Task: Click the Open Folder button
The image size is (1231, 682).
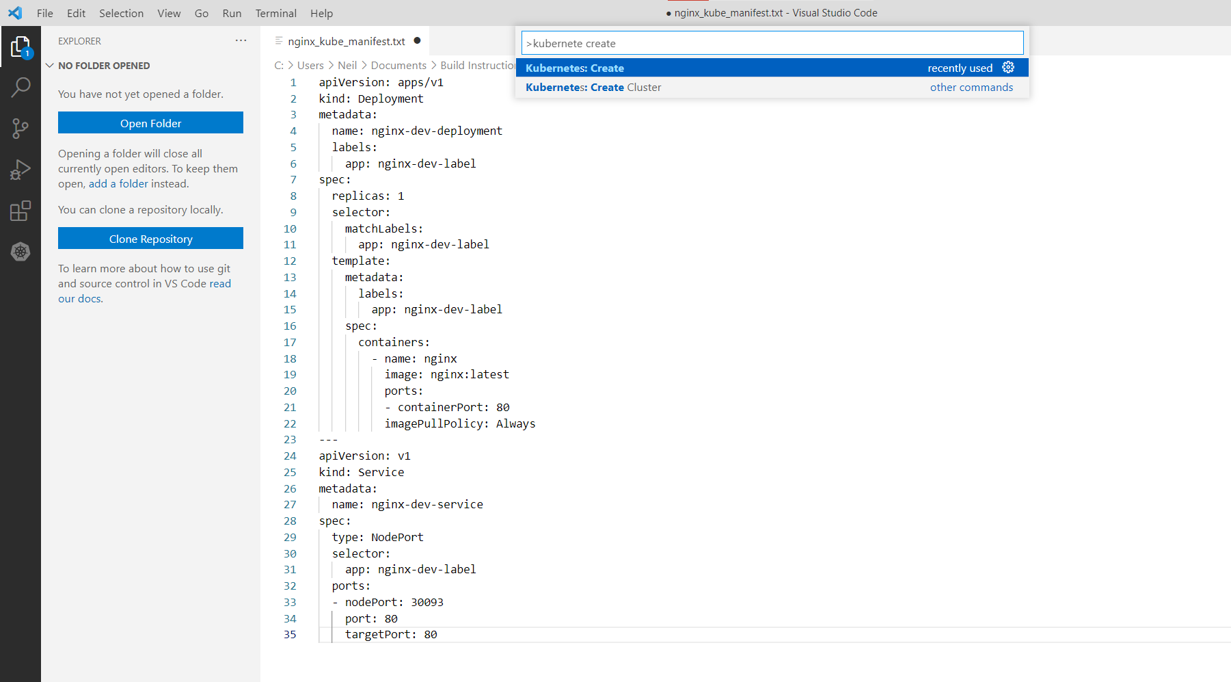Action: pyautogui.click(x=150, y=123)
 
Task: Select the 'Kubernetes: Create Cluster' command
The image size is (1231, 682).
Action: pyautogui.click(x=593, y=88)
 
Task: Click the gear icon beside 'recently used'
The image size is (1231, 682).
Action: pyautogui.click(x=1008, y=67)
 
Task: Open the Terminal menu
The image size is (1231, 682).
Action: pyautogui.click(x=275, y=13)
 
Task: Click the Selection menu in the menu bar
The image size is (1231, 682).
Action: pyautogui.click(x=121, y=13)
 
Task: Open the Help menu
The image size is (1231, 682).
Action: pyautogui.click(x=321, y=13)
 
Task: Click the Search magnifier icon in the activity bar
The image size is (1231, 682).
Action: pyautogui.click(x=21, y=87)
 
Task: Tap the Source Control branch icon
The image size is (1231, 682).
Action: pyautogui.click(x=21, y=128)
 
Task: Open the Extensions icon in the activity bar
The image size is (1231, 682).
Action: pyautogui.click(x=21, y=211)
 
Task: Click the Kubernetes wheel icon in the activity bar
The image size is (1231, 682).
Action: pyautogui.click(x=21, y=252)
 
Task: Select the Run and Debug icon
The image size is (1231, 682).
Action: pyautogui.click(x=21, y=169)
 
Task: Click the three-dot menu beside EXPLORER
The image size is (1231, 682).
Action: pyautogui.click(x=241, y=40)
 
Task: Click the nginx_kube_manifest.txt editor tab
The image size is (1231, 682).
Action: pyautogui.click(x=347, y=41)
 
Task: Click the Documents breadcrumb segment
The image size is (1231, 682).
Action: pyautogui.click(x=398, y=65)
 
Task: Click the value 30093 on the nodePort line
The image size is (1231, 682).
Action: pyautogui.click(x=427, y=602)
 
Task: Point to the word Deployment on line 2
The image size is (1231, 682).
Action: pyautogui.click(x=390, y=99)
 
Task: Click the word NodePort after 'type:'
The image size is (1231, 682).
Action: pyautogui.click(x=397, y=537)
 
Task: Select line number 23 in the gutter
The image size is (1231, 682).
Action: pyautogui.click(x=290, y=439)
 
